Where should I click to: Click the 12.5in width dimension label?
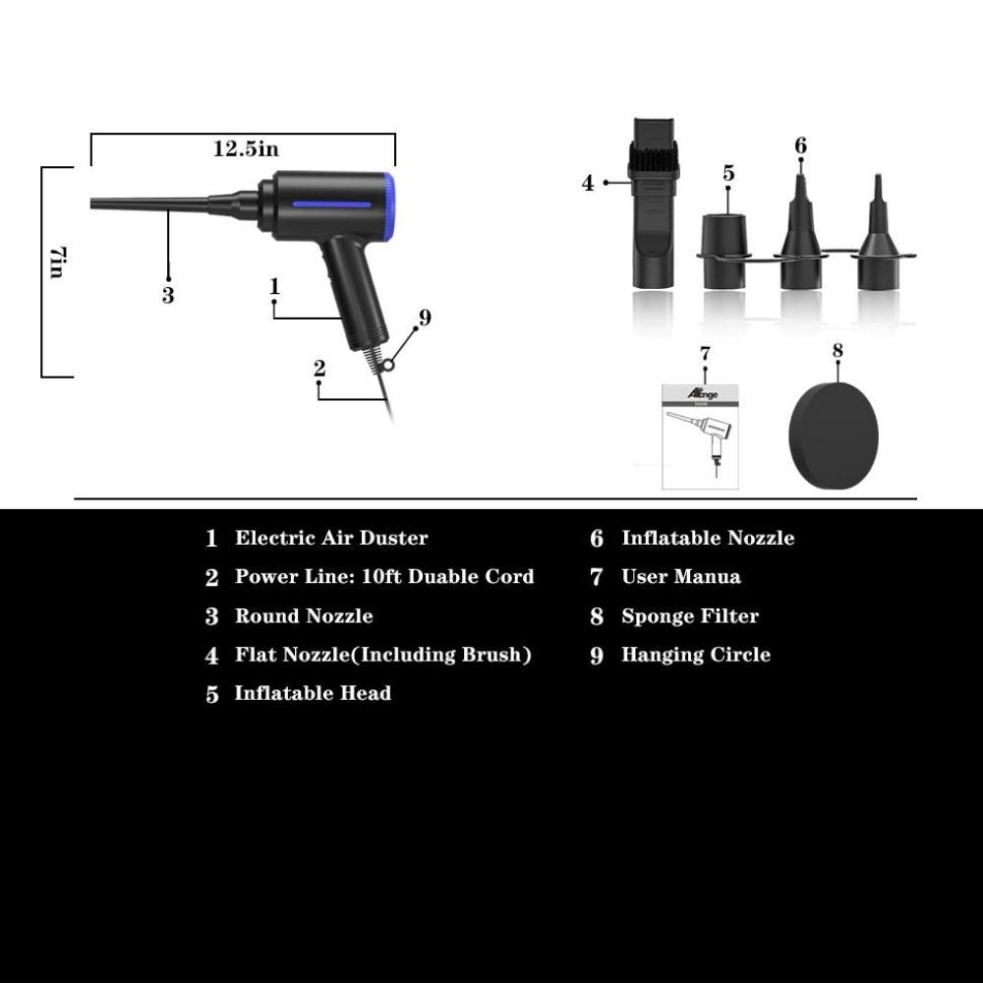click(x=246, y=149)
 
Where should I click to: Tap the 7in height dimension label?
click(x=56, y=262)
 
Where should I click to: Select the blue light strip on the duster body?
click(x=330, y=205)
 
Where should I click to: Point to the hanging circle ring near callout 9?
click(x=390, y=365)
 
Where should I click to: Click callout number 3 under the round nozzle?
click(x=168, y=295)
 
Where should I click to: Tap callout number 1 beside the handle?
click(x=275, y=286)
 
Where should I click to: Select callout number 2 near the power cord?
click(x=319, y=369)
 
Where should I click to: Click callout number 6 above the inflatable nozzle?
click(x=801, y=145)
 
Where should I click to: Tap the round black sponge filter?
click(x=835, y=434)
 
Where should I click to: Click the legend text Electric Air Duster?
click(x=331, y=538)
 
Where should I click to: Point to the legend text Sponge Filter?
click(x=690, y=616)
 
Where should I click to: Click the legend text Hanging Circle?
click(x=695, y=655)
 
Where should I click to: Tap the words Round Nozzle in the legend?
click(x=304, y=616)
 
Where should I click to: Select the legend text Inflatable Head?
click(x=313, y=693)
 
